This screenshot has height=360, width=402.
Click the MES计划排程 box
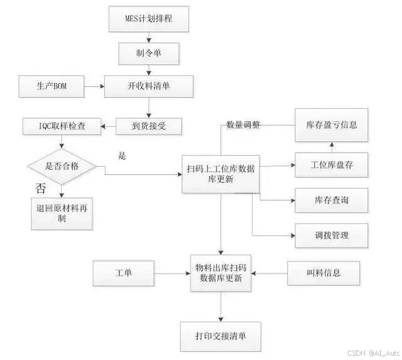click(x=149, y=19)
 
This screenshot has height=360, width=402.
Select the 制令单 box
click(x=149, y=53)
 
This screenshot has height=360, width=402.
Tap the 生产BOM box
click(x=52, y=87)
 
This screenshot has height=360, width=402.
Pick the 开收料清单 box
click(x=149, y=87)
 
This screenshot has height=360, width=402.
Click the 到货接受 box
click(x=149, y=126)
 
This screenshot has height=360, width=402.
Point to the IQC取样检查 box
click(x=62, y=126)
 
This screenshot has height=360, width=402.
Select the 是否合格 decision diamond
click(x=62, y=166)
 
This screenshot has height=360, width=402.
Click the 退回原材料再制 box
click(x=62, y=214)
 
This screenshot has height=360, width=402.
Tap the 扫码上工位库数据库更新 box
click(x=220, y=174)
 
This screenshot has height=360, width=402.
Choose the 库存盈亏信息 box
click(x=331, y=125)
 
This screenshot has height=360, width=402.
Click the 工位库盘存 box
click(x=331, y=165)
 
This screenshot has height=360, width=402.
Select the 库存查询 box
click(x=331, y=200)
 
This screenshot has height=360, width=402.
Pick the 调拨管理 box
click(x=331, y=236)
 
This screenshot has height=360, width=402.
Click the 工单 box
click(x=123, y=273)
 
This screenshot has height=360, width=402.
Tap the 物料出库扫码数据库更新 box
click(x=220, y=273)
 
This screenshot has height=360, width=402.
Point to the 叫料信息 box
click(x=323, y=273)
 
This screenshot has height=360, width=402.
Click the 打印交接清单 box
click(x=220, y=336)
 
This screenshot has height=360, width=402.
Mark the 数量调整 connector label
click(x=243, y=125)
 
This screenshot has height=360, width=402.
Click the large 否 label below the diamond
click(x=40, y=188)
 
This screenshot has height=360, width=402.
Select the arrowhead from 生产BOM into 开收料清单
click(x=102, y=87)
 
